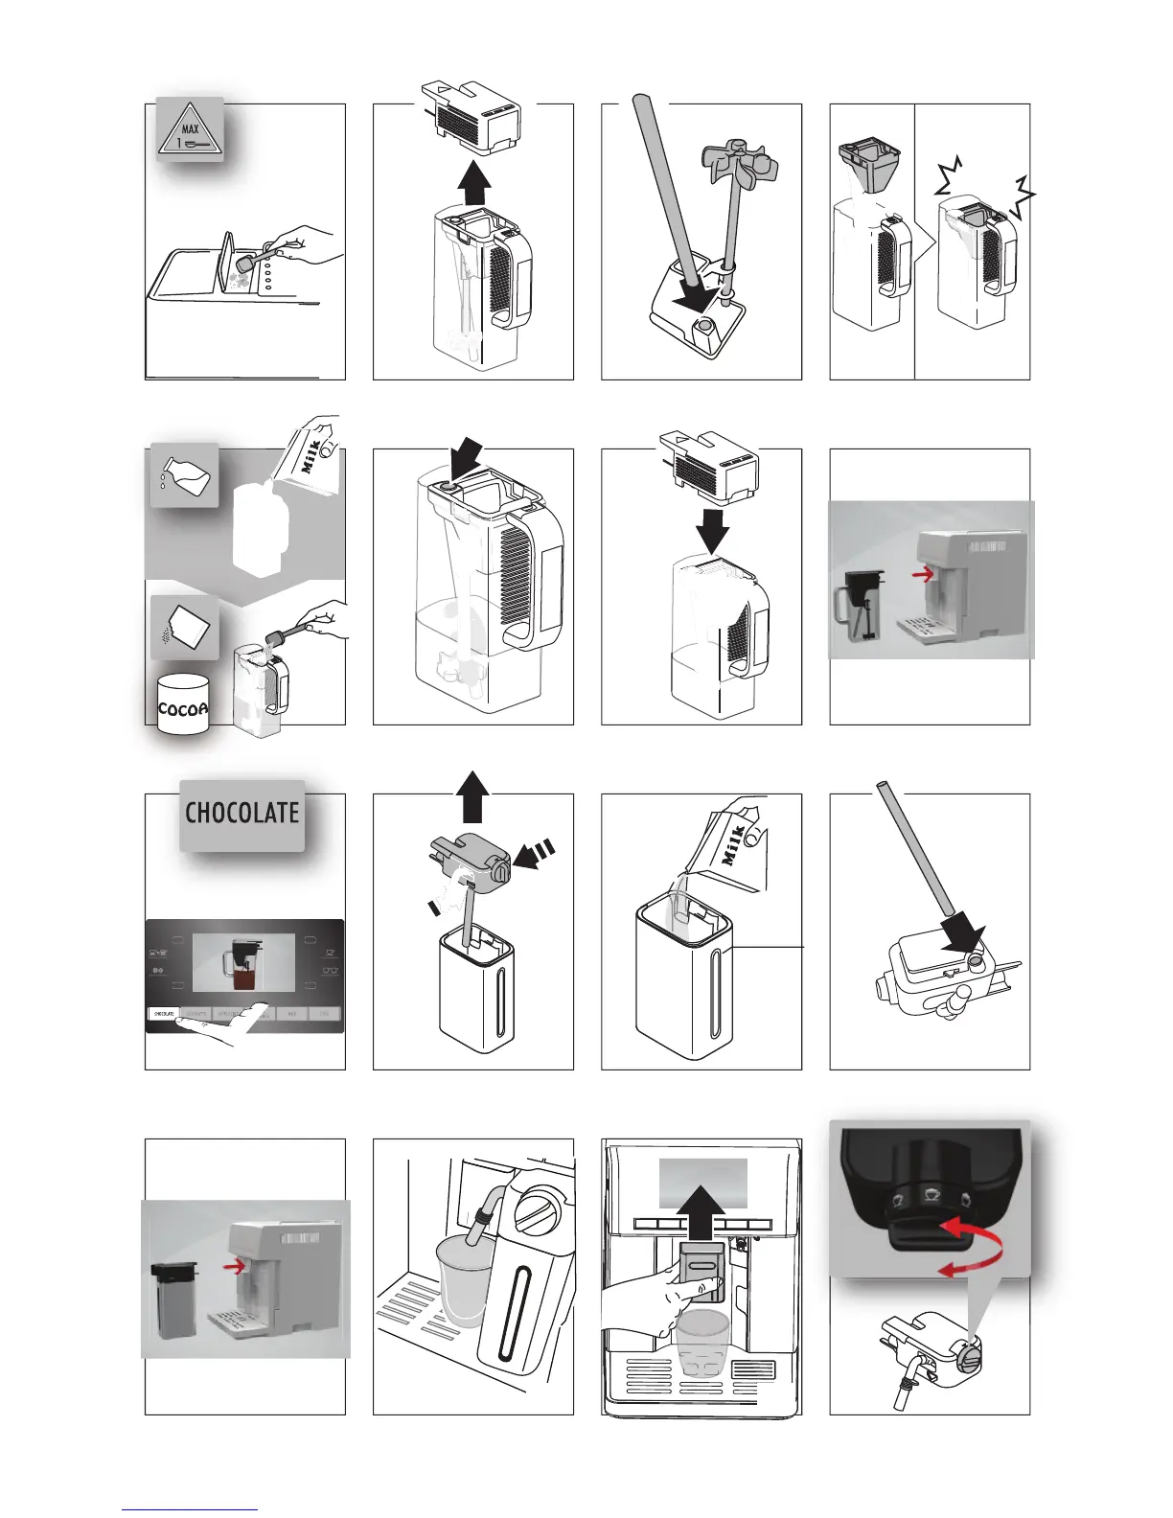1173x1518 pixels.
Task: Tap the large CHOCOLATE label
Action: [x=241, y=814]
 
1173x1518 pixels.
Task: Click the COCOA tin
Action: [x=183, y=706]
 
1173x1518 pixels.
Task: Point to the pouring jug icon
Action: [x=185, y=474]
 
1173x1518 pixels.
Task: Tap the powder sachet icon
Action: [x=185, y=628]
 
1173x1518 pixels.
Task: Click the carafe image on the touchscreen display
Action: [x=243, y=963]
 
